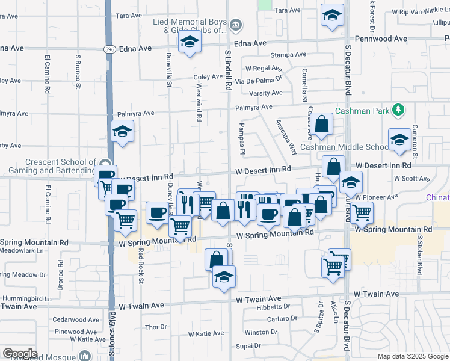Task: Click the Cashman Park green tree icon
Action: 397,110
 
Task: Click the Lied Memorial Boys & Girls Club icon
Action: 236,25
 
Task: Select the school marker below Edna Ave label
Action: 190,42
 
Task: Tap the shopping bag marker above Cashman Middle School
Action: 322,124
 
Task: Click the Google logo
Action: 20,354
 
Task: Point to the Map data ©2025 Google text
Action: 413,356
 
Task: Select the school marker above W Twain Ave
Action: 224,277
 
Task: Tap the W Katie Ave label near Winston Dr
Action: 206,333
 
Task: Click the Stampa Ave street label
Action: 285,55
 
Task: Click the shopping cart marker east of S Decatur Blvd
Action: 362,212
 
